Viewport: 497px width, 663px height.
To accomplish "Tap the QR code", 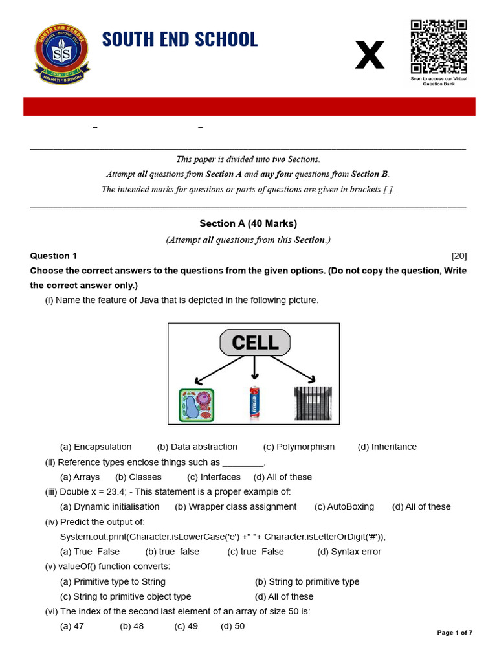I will [x=439, y=47].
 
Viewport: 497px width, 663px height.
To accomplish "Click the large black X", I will [x=370, y=55].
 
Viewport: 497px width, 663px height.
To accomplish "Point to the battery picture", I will [x=254, y=404].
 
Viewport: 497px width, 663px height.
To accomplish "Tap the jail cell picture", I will [x=313, y=403].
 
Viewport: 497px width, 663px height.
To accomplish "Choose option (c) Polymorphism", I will [x=298, y=447].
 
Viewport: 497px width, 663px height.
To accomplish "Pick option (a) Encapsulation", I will [x=96, y=447].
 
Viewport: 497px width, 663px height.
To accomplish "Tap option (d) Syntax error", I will [x=349, y=552].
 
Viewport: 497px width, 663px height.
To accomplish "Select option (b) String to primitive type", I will [x=307, y=582].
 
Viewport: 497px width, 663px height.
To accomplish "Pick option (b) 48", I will [x=132, y=627].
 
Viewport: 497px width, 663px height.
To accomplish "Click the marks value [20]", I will [x=459, y=256].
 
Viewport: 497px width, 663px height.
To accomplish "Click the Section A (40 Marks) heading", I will [x=248, y=223].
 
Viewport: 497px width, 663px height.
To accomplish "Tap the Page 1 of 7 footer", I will [x=455, y=633].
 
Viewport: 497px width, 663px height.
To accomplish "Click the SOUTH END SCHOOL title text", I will [x=180, y=39].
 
